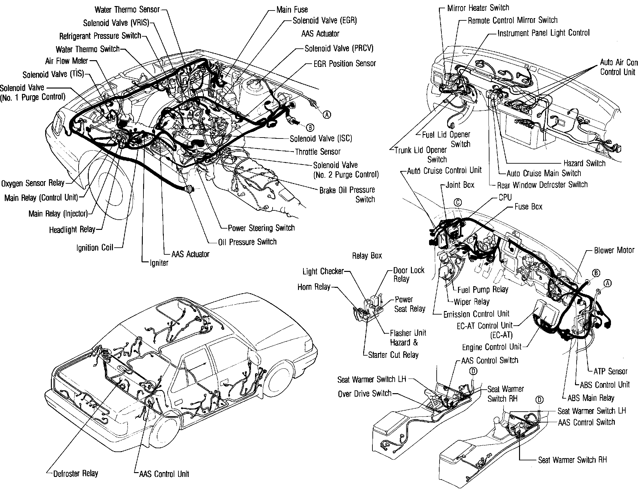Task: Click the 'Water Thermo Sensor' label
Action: [x=127, y=10]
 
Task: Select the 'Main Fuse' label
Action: [x=292, y=10]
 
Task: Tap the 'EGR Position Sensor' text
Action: [x=345, y=64]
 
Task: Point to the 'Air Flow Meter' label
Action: [x=66, y=61]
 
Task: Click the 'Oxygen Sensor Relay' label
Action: [x=33, y=183]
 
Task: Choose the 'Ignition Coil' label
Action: [x=95, y=248]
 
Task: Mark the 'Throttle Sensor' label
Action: [x=318, y=152]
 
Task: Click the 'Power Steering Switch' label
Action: [x=261, y=228]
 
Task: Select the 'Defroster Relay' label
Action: [x=76, y=473]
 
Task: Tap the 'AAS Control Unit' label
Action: [x=164, y=474]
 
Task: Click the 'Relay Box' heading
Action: [x=367, y=256]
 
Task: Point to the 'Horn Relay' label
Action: [x=314, y=287]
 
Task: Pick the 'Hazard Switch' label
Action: [x=584, y=164]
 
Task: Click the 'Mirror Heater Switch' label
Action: [x=478, y=8]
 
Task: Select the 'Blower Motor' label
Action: [x=614, y=250]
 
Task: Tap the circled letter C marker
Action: [x=458, y=202]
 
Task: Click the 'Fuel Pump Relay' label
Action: [x=482, y=289]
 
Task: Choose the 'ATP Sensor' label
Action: [x=610, y=371]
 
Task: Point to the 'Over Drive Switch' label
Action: [x=364, y=394]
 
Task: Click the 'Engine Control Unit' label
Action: [x=492, y=347]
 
